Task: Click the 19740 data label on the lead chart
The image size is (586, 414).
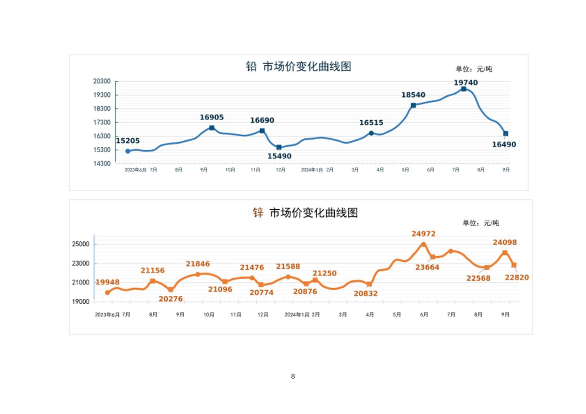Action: (465, 82)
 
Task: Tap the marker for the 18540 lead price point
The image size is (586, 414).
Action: (413, 105)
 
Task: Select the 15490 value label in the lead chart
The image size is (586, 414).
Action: (279, 156)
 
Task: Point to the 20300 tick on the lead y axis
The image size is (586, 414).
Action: (102, 81)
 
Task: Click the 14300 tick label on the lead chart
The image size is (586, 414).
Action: (102, 163)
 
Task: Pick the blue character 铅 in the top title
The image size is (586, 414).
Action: (251, 66)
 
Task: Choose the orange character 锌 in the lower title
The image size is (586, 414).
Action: (258, 212)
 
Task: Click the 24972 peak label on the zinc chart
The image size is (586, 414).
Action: (423, 234)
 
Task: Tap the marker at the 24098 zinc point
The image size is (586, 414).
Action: (505, 253)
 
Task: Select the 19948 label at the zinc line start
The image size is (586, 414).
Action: (108, 282)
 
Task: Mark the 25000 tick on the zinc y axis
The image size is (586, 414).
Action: (81, 244)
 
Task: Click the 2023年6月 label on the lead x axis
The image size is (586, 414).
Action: (135, 170)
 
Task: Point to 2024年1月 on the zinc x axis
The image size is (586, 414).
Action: (297, 315)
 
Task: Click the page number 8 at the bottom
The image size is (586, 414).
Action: (293, 376)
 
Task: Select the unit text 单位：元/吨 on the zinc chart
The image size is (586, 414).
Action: (481, 223)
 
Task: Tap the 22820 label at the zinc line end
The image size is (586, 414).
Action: (517, 278)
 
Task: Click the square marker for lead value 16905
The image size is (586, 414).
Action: (212, 128)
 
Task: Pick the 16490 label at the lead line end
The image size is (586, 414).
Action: (504, 145)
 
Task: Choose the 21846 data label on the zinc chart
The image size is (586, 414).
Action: (198, 264)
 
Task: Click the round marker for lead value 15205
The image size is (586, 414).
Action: (128, 151)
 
